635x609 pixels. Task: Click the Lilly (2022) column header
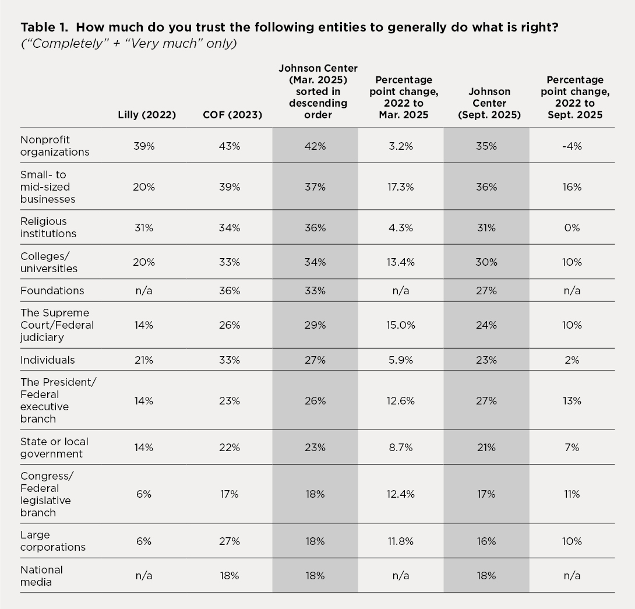click(147, 115)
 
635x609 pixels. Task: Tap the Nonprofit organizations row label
click(55, 146)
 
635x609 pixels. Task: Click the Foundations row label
click(52, 290)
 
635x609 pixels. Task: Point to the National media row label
click(42, 575)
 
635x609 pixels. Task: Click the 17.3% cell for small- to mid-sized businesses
click(401, 187)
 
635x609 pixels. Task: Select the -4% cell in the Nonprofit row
click(571, 146)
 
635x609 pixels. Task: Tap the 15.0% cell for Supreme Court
click(401, 325)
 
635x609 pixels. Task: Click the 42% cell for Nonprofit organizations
click(315, 146)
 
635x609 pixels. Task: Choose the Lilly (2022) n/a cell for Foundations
click(143, 291)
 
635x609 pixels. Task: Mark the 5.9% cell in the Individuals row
click(401, 360)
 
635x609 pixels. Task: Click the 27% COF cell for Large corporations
click(230, 541)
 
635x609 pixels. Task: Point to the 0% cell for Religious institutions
click(571, 228)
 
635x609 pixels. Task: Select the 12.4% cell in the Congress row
click(401, 494)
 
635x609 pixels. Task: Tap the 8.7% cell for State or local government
click(401, 448)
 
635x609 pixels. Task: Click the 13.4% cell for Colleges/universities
click(401, 262)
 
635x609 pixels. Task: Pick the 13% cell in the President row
click(571, 401)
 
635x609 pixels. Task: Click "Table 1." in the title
click(45, 27)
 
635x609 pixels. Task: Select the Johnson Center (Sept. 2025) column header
click(486, 103)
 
